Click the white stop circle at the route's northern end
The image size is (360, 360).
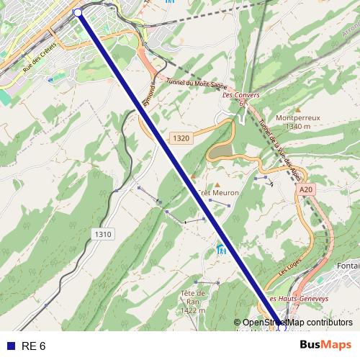point(78,12)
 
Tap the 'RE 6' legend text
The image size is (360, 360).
point(34,346)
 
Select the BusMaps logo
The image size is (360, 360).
point(326,346)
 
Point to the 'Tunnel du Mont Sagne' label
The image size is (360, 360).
point(185,84)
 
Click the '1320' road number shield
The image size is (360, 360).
point(181,137)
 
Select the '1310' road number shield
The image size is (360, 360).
point(103,234)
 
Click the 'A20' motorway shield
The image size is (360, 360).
point(307,189)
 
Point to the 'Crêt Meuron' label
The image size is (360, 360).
point(217,193)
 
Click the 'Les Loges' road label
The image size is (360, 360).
point(288,271)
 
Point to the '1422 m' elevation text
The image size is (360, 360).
point(194,311)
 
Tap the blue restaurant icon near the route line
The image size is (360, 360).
point(221,250)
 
